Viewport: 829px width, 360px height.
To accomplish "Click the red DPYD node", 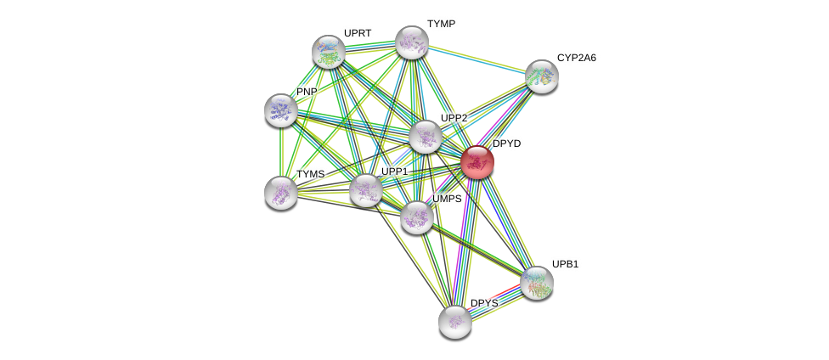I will pos(477,163).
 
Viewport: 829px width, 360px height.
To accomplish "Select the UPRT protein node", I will pos(329,52).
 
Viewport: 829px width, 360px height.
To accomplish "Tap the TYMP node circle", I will pos(412,42).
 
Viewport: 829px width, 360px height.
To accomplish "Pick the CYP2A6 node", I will pos(541,76).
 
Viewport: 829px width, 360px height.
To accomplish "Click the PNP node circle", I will pos(281,110).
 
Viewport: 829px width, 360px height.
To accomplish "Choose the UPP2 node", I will pos(426,137).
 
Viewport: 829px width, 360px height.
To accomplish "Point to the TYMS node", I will pos(281,193).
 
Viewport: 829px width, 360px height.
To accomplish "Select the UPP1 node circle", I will pos(366,190).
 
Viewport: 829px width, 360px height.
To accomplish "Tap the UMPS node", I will pos(417,217).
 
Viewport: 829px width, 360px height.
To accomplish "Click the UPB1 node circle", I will pos(537,283).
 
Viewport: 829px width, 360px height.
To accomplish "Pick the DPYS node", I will pos(455,322).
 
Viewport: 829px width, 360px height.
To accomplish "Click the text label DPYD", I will pos(507,143).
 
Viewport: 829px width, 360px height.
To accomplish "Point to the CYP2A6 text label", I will pos(577,58).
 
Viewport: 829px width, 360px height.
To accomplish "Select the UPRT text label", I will pos(358,33).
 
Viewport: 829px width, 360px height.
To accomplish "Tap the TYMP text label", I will pos(441,24).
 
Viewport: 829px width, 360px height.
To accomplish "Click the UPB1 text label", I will pos(565,264).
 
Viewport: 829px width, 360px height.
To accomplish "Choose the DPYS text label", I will pos(484,303).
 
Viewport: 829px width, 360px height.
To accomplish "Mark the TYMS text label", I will pos(310,174).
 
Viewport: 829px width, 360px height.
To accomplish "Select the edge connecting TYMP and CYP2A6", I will pos(477,59).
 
